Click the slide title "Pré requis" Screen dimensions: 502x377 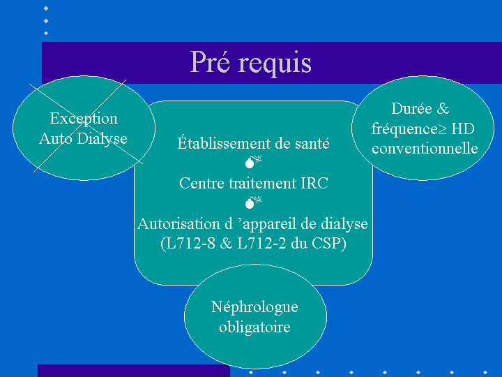coord(251,63)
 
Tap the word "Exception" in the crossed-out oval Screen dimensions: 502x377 coord(84,119)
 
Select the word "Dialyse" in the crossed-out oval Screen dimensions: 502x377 coord(102,139)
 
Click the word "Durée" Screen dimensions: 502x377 coord(411,108)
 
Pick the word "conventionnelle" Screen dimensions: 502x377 coord(425,149)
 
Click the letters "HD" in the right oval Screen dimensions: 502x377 coord(463,129)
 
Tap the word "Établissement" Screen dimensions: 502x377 coord(224,143)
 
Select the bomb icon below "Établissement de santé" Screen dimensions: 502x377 coord(253,162)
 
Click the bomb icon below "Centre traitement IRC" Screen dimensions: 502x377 coord(253,202)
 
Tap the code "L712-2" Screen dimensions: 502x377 coord(261,244)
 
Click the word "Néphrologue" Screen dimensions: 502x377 coord(255,307)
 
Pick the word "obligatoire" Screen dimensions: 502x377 coord(255,327)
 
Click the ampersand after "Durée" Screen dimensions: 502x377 coord(443,108)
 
